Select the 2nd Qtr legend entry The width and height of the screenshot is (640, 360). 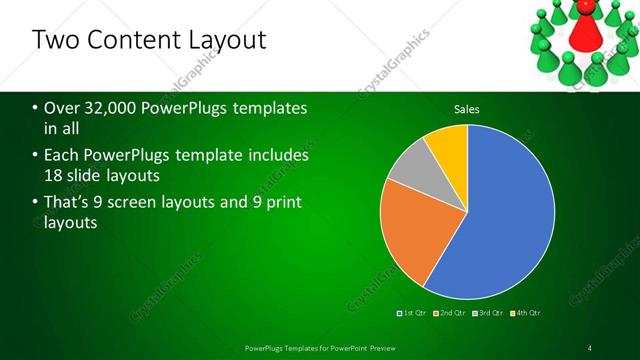coord(451,313)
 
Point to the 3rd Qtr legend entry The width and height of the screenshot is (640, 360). coord(489,313)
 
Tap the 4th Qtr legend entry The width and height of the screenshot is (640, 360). coord(527,313)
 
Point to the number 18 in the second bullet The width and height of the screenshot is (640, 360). coord(54,176)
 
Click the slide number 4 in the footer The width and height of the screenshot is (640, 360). coord(590,347)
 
